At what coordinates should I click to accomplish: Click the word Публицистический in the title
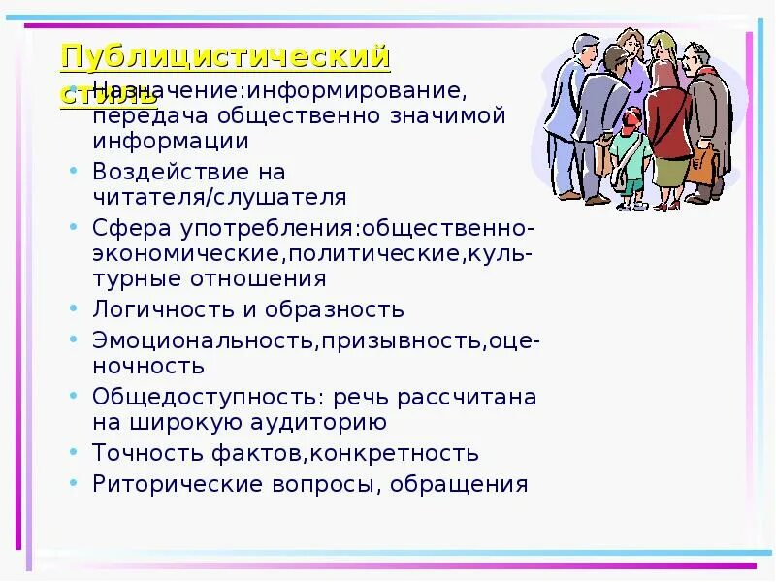(x=225, y=57)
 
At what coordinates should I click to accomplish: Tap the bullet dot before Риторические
(x=75, y=481)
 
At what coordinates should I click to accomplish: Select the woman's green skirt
(x=670, y=170)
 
